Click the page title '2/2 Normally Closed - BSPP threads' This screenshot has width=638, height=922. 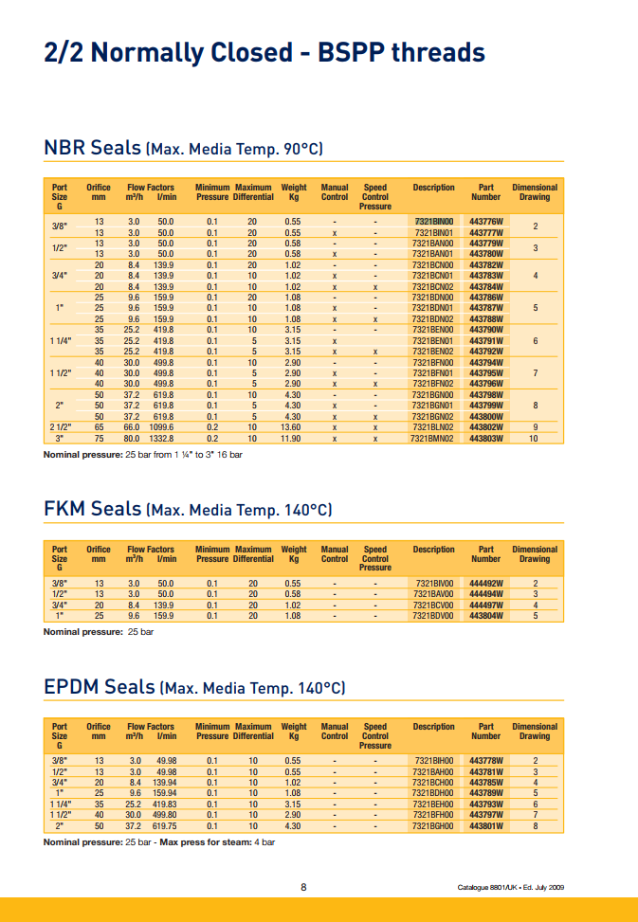pos(264,52)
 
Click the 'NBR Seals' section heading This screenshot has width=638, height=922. pos(93,149)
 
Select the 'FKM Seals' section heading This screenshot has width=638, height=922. pos(92,510)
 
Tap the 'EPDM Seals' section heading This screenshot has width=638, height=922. pos(100,687)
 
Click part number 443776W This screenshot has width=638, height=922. pos(485,221)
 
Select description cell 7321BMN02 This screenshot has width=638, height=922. pos(432,439)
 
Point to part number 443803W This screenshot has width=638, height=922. pos(485,439)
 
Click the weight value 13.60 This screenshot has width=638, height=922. pos(293,427)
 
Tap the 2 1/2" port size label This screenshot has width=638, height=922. pos(60,427)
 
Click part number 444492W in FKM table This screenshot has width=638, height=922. pos(485,584)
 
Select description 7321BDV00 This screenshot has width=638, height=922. pos(434,615)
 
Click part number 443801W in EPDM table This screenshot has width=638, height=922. pos(485,825)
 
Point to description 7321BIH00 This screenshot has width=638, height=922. pos(434,761)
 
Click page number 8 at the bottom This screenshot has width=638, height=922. pos(303,887)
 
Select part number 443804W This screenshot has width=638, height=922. pos(485,615)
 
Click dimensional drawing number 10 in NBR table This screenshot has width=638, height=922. pos(534,439)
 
